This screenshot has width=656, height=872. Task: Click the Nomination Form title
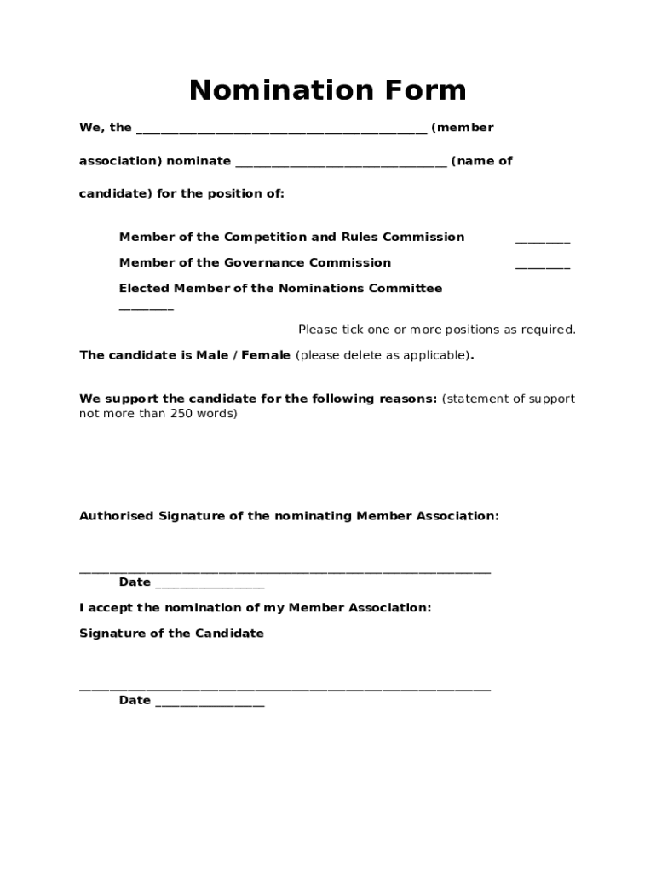(327, 90)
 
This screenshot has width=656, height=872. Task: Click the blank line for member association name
(281, 129)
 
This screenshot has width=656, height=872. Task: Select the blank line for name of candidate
(340, 163)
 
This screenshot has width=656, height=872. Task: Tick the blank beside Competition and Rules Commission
(542, 240)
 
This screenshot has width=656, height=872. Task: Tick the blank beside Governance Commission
(542, 266)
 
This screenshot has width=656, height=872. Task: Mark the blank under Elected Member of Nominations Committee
(146, 307)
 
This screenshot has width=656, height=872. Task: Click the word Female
(266, 355)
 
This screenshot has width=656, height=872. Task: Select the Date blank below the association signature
(210, 585)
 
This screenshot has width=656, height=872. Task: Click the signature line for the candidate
(285, 688)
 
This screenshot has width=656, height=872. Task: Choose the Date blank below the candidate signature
(210, 703)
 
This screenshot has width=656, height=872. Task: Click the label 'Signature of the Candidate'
(171, 634)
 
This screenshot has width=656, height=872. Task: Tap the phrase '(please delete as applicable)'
(383, 355)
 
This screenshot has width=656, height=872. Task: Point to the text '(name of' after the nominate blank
(481, 161)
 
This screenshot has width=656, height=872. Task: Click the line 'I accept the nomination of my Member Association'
(255, 608)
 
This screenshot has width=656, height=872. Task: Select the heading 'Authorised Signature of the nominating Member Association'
(289, 516)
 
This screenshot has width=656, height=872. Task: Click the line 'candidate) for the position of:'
(181, 193)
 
